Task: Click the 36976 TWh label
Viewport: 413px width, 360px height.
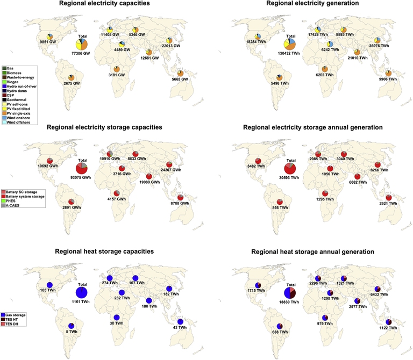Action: point(378,46)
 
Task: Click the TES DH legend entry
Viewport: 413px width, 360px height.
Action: point(16,325)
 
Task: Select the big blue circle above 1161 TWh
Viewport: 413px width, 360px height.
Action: point(82,292)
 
